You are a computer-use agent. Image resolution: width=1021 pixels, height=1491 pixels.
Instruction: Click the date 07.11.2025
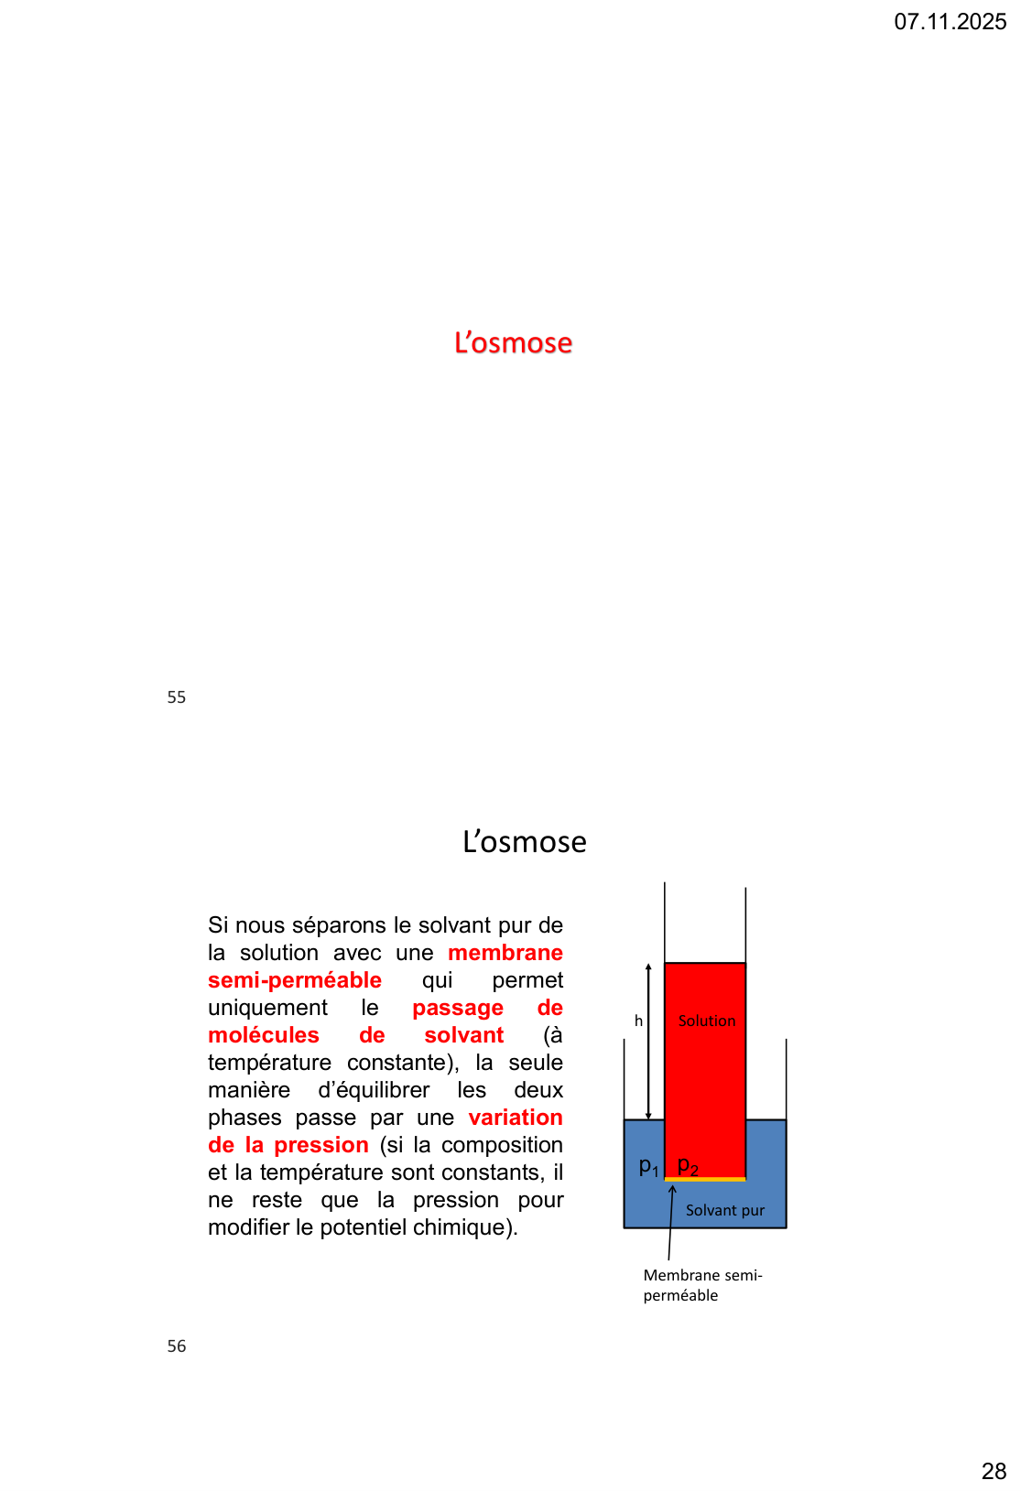click(x=950, y=22)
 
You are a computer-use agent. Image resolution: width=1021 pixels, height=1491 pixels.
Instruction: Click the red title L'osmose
click(x=513, y=343)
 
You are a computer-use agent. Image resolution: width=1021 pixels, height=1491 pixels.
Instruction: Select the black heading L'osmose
click(x=524, y=842)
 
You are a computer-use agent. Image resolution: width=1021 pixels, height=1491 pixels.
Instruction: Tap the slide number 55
click(x=177, y=697)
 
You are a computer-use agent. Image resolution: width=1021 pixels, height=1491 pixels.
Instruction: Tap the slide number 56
click(x=177, y=1346)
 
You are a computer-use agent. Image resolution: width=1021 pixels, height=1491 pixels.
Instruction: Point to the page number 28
click(x=994, y=1471)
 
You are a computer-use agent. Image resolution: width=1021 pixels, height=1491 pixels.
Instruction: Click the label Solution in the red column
click(x=706, y=1021)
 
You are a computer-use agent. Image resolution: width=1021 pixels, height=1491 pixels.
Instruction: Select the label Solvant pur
click(x=724, y=1211)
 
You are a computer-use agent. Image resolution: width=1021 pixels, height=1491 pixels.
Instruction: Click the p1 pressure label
click(x=648, y=1166)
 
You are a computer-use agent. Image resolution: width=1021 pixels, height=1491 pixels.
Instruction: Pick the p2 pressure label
click(x=688, y=1166)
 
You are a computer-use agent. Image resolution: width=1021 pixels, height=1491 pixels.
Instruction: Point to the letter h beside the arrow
click(x=638, y=1021)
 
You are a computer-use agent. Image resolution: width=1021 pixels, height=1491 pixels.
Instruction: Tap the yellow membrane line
click(x=705, y=1180)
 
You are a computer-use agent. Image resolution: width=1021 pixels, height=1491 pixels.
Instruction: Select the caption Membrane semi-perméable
click(x=701, y=1285)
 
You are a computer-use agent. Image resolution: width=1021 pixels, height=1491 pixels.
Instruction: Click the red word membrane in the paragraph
click(x=505, y=953)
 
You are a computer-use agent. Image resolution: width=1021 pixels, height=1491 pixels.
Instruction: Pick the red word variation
click(x=516, y=1118)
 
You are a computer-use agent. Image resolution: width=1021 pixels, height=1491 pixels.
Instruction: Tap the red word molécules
click(x=264, y=1035)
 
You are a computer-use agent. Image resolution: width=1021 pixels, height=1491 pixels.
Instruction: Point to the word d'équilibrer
click(x=374, y=1090)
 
